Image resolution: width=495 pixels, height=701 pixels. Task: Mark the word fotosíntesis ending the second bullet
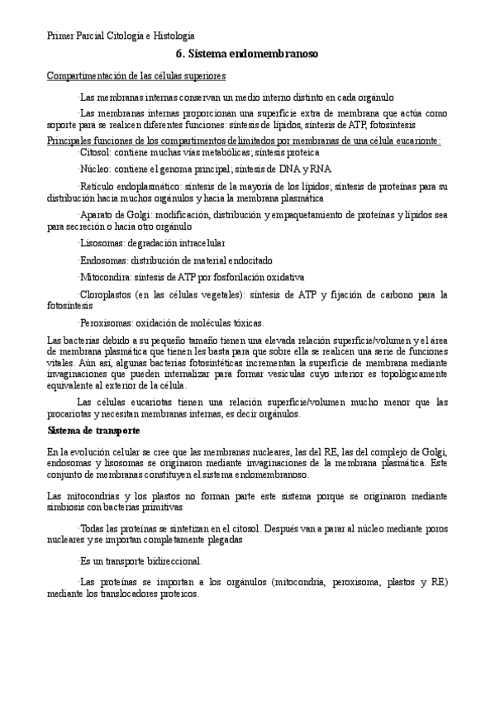pyautogui.click(x=397, y=125)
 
